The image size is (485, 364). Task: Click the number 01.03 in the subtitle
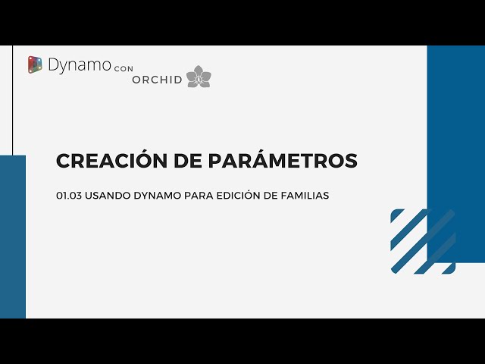[69, 196]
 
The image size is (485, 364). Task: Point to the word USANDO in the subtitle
[107, 196]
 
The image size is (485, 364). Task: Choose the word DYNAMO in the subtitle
[156, 196]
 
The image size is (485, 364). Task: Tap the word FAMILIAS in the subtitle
[303, 196]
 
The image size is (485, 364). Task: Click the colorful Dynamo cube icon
[35, 65]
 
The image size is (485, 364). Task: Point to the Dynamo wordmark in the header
[78, 65]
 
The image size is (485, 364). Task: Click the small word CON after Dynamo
[123, 68]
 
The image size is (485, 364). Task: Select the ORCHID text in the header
[157, 80]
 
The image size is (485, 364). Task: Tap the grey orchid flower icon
[199, 77]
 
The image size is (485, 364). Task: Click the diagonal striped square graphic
[423, 241]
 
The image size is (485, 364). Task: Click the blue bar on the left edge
[13, 235]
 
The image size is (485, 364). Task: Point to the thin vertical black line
[13, 99]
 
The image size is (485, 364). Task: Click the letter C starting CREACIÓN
[64, 162]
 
